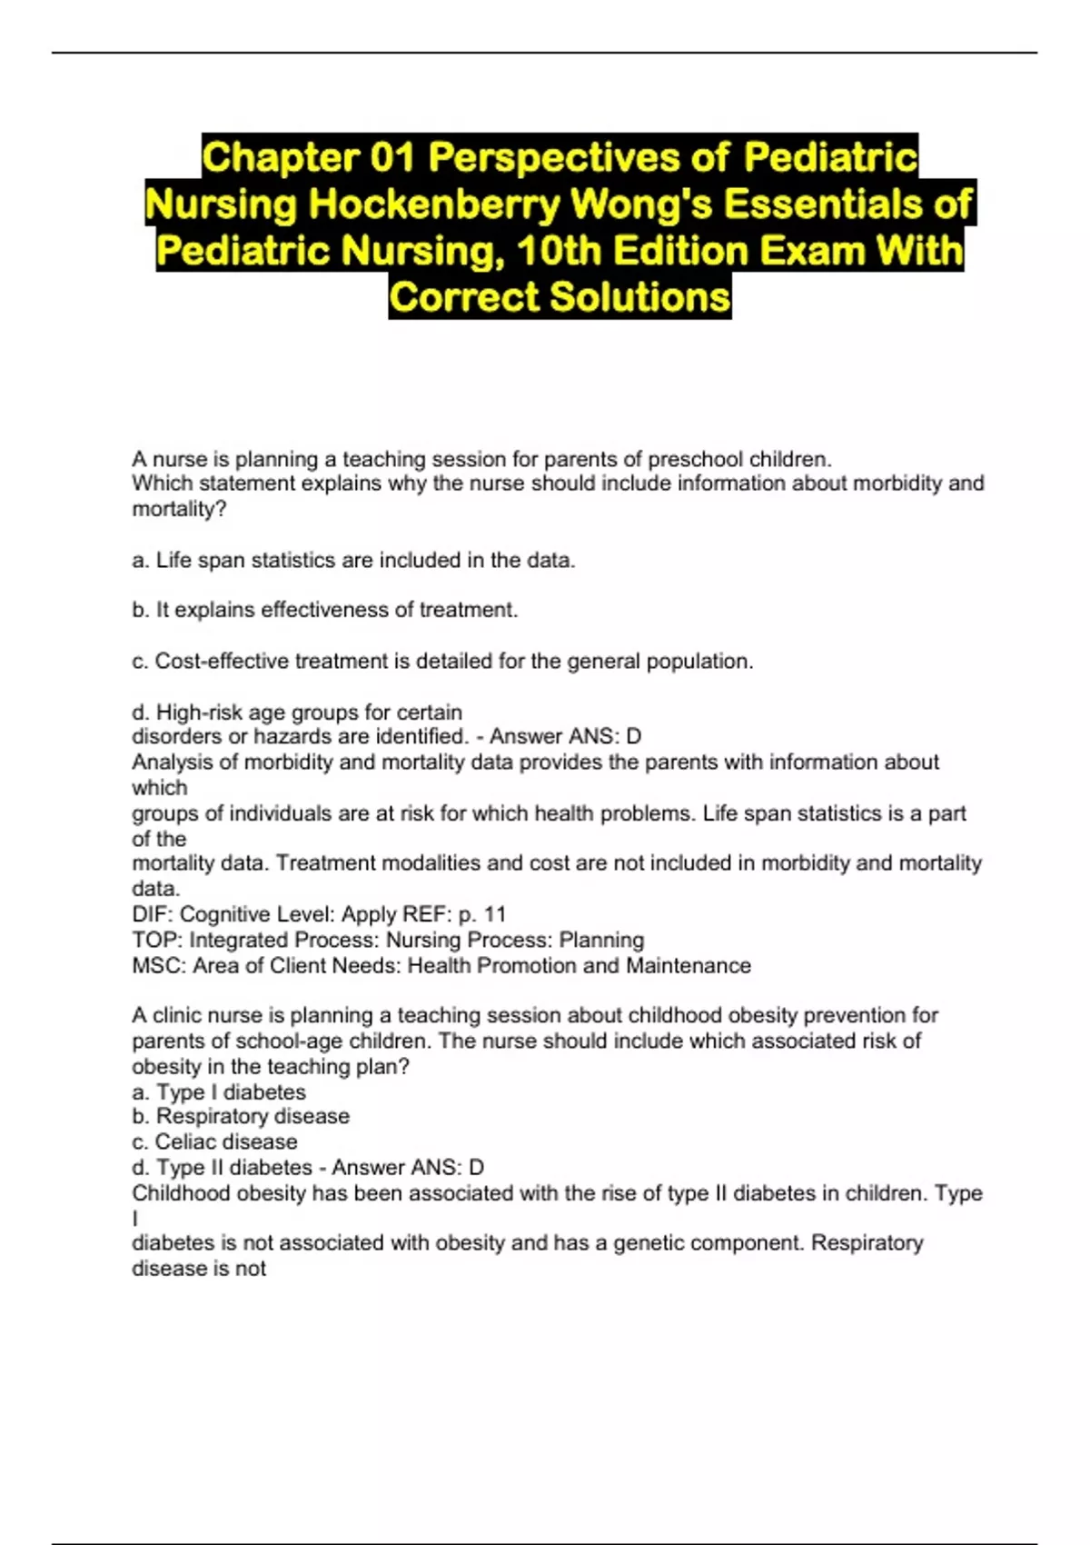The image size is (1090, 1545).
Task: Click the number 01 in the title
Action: (391, 158)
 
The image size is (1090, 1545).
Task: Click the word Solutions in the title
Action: (640, 298)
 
